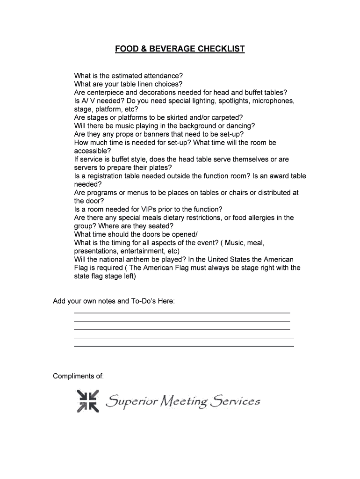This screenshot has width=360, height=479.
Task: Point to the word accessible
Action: pyautogui.click(x=92, y=151)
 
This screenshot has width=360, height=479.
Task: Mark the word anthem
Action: pyautogui.click(x=144, y=260)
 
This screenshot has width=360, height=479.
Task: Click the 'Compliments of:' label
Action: pyautogui.click(x=78, y=376)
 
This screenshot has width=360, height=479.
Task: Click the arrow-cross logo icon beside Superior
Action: pyautogui.click(x=88, y=401)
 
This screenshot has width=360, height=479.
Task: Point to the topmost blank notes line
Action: pyautogui.click(x=182, y=312)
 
